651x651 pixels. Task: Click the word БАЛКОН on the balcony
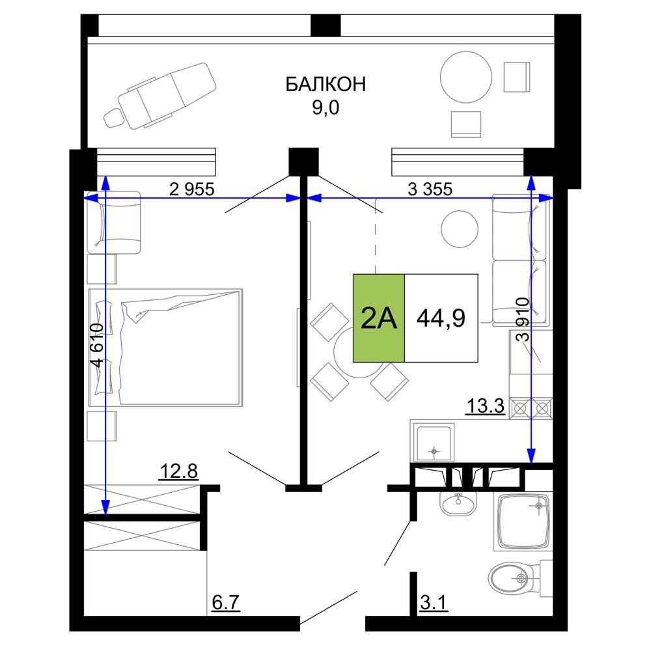[325, 84]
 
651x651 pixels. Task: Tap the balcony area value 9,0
[325, 108]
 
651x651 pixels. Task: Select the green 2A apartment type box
[379, 318]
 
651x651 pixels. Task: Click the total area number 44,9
[441, 318]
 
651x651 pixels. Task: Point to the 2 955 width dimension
[192, 189]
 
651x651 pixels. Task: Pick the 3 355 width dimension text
[430, 189]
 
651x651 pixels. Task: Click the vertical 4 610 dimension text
[97, 345]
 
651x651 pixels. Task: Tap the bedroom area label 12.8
[179, 471]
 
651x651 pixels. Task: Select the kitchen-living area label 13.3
[486, 406]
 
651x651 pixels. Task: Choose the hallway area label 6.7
[226, 602]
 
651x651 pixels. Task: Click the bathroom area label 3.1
[434, 602]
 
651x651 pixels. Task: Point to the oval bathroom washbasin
[458, 504]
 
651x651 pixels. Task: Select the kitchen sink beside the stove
[434, 443]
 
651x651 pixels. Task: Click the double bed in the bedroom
[165, 348]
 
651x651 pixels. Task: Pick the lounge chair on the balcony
[160, 96]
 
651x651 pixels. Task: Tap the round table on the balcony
[466, 77]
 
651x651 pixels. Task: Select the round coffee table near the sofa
[460, 229]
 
